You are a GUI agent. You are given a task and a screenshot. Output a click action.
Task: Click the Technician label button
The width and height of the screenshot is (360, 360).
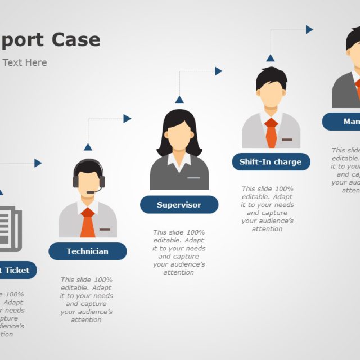tap(88, 251)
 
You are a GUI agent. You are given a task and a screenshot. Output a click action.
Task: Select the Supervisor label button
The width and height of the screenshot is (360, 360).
tap(179, 205)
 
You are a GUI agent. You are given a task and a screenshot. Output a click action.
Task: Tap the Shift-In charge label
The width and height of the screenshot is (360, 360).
tap(271, 162)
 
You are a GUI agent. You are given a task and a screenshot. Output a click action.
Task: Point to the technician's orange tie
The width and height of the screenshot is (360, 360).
tap(88, 223)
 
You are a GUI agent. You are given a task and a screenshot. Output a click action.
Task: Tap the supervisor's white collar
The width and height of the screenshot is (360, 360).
tap(179, 161)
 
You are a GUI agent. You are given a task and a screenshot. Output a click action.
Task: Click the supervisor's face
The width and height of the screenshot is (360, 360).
tap(179, 136)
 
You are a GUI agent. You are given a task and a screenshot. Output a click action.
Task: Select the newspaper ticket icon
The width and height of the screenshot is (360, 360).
tap(10, 227)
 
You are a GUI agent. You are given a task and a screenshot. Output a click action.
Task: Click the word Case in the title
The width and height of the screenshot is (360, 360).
tap(76, 40)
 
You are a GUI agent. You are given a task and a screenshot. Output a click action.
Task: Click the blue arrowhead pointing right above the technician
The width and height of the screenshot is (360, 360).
tap(128, 119)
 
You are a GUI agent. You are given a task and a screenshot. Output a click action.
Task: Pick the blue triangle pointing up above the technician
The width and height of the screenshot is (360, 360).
tap(88, 147)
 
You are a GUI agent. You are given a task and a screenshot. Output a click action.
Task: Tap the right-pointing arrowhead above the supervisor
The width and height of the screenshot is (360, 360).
tap(218, 71)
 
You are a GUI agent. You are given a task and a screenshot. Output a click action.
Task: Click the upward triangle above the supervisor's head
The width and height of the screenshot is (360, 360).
tap(179, 100)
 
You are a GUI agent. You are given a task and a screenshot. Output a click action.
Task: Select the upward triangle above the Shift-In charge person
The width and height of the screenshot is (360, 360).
tap(271, 57)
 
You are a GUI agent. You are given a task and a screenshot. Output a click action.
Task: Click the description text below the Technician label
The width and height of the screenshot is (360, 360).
tap(87, 299)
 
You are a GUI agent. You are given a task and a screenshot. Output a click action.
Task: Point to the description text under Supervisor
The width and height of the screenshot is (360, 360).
tap(179, 252)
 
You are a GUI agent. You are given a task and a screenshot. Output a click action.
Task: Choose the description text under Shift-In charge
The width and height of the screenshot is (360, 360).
tap(267, 209)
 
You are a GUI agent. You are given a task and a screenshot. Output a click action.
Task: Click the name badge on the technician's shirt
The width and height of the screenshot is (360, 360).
tap(105, 229)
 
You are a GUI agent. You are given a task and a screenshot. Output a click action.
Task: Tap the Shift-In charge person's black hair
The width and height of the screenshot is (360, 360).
tap(271, 76)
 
